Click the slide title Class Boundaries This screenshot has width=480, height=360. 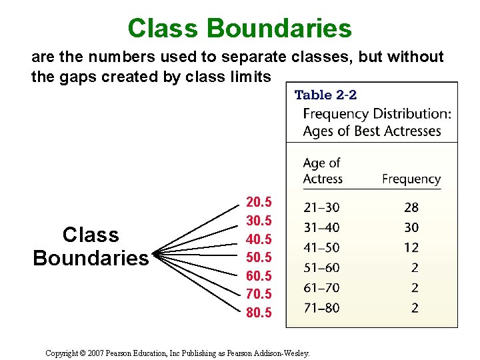pos(239,28)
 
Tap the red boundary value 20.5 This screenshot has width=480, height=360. pos(259,201)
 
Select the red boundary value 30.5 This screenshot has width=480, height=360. pos(259,220)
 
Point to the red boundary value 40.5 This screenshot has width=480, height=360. pos(259,238)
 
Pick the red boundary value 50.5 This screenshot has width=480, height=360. pos(259,257)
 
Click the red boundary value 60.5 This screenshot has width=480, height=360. pos(259,275)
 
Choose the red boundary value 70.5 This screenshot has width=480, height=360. pos(259,293)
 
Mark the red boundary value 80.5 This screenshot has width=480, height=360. pos(259,312)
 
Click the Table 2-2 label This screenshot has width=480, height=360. pos(325,95)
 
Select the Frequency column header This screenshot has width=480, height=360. pos(411,179)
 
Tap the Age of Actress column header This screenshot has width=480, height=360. pos(323,171)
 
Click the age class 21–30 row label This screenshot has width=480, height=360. pos(321,208)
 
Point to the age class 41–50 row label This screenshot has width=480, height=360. pos(321,247)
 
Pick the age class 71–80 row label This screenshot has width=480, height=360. pos(321,307)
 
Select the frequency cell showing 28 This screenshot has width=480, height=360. pos(411,208)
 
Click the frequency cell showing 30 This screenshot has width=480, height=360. pos(411,228)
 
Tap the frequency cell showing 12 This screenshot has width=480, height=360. pos(411,247)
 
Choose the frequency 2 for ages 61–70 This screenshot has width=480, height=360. pos(415,287)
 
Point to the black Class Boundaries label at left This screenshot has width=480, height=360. pos(91,246)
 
